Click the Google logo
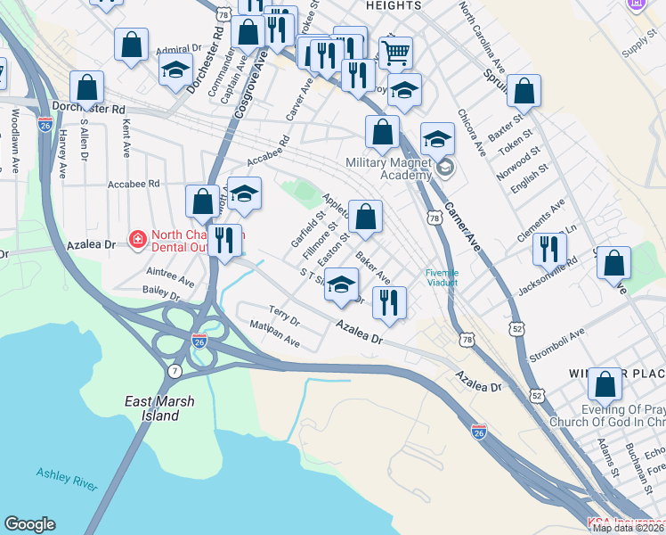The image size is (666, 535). click(x=29, y=524)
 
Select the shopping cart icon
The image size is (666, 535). click(x=395, y=51)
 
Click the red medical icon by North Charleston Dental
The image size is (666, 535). click(x=138, y=238)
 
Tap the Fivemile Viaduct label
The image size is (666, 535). click(x=442, y=276)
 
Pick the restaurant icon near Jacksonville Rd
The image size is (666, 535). click(x=549, y=247)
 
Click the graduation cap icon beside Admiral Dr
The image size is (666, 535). click(x=176, y=68)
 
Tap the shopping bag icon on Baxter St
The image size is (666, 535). click(x=524, y=91)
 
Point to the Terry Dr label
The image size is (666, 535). click(x=284, y=317)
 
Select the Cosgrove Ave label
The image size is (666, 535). click(x=250, y=86)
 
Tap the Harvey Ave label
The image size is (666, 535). click(x=62, y=152)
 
